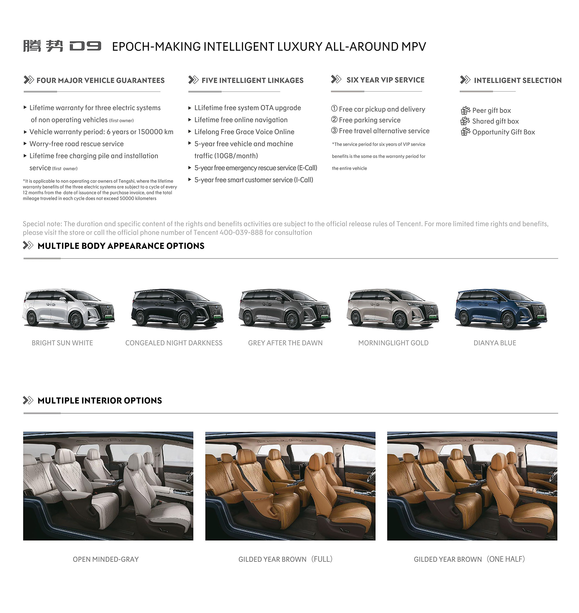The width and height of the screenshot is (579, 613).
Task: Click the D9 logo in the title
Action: click(x=85, y=46)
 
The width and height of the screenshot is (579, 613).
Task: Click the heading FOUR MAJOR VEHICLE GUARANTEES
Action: click(x=100, y=80)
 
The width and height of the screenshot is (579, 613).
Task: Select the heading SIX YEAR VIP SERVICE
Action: click(x=385, y=80)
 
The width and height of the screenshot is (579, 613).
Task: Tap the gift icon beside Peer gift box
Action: click(x=465, y=110)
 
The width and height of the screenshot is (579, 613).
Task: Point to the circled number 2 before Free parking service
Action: click(x=334, y=119)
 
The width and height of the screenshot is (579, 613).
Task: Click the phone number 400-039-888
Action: click(x=241, y=232)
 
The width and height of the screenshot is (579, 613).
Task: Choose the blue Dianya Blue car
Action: click(x=501, y=309)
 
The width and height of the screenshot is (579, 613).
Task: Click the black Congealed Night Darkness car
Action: click(x=177, y=309)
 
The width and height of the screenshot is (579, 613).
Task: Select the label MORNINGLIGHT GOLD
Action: click(x=393, y=343)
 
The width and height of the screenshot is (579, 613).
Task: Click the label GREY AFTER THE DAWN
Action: click(x=285, y=343)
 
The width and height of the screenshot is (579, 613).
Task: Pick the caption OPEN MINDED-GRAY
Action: click(x=106, y=559)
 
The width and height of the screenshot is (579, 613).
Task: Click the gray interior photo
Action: click(x=108, y=486)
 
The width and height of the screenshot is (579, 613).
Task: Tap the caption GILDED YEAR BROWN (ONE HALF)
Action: click(x=469, y=559)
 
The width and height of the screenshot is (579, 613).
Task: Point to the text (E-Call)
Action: click(x=307, y=168)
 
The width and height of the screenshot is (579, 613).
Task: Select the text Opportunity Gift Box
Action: click(x=504, y=132)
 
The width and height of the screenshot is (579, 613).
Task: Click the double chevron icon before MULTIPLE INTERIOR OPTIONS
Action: click(x=28, y=400)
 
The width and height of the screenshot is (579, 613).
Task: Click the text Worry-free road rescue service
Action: click(x=77, y=144)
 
